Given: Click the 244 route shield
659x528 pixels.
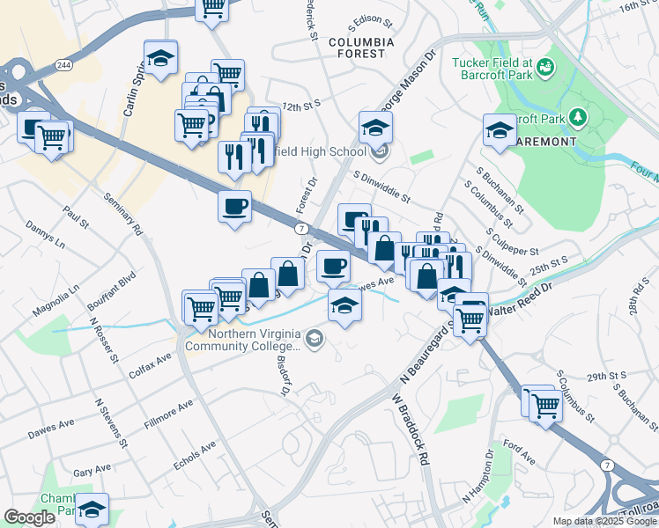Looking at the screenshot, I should point(63,65).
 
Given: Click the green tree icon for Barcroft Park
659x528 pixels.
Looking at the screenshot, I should point(578,117).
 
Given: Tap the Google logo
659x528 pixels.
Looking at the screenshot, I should point(29,517).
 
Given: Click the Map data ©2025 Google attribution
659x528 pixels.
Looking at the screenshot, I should point(604,521).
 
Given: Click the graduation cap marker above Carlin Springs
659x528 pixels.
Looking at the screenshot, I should point(160,59).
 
